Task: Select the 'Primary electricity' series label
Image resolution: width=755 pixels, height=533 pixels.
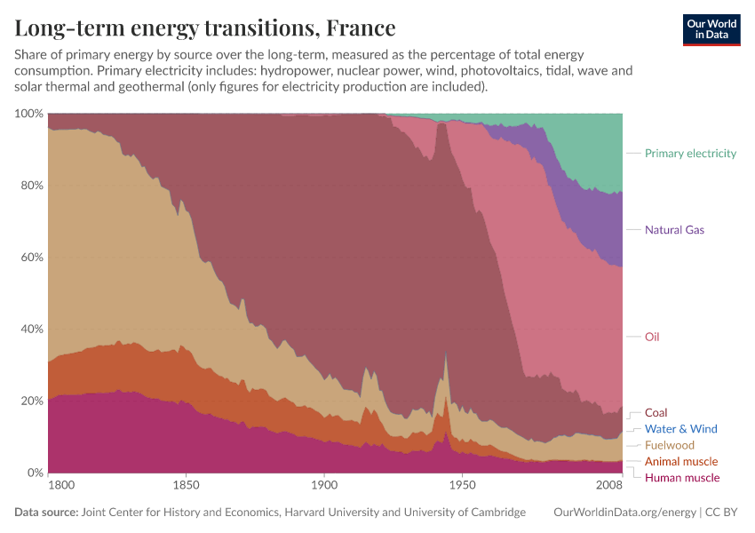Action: pos(690,153)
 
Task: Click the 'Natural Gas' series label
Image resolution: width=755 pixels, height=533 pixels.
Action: pos(674,229)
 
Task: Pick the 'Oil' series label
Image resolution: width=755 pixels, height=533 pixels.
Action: pos(652,337)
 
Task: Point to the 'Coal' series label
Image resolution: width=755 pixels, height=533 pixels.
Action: pos(656,412)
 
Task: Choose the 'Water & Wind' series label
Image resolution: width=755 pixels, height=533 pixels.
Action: pos(680,429)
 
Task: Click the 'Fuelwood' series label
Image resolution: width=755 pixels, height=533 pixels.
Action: pos(669,445)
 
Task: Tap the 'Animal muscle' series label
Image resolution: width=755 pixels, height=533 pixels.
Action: pos(680,462)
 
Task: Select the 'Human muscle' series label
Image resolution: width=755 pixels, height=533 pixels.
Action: pos(681,478)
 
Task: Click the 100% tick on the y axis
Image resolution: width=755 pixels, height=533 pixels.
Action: pos(28,114)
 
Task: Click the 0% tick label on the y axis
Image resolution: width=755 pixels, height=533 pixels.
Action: pos(34,473)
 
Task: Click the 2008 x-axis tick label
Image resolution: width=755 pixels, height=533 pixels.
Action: pos(609,487)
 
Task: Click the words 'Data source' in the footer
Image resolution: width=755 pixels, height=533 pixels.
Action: pos(45,513)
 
